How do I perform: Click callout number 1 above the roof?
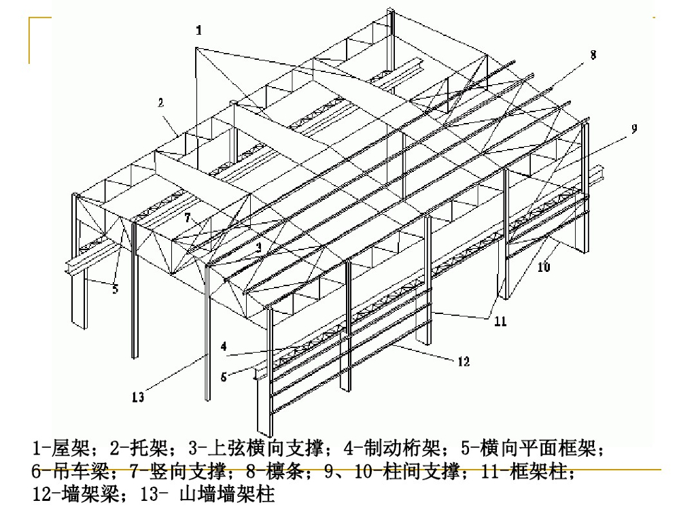pos(198,31)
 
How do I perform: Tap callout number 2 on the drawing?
pos(160,103)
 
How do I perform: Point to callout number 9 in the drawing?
pos(633,128)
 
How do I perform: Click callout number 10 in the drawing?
pos(543,267)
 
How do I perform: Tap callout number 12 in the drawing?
pos(462,362)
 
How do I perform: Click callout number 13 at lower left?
pos(138,398)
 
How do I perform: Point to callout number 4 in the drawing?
pos(223,346)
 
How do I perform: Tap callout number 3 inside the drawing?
pos(258,249)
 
